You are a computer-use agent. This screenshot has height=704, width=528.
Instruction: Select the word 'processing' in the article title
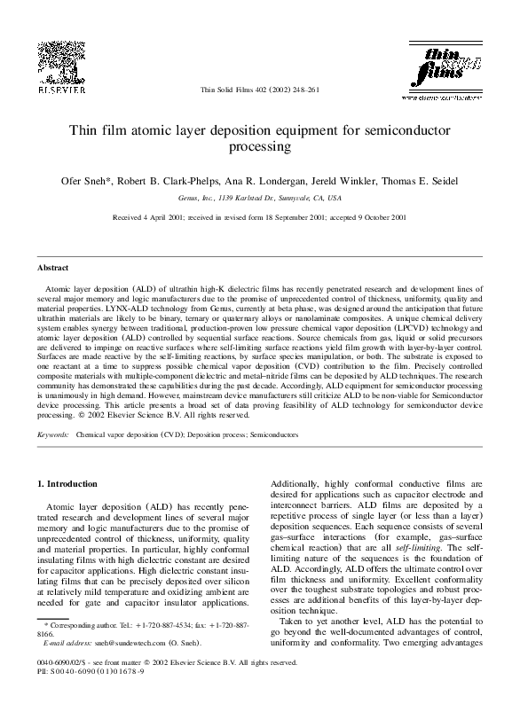click(264, 148)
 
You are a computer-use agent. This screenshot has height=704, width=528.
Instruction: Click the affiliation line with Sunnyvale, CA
click(264, 199)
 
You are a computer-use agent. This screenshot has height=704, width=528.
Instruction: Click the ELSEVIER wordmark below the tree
click(60, 90)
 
